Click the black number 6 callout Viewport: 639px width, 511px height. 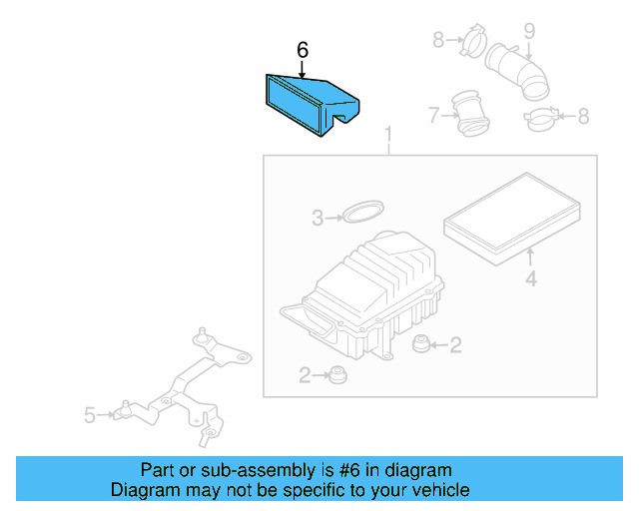point(303,50)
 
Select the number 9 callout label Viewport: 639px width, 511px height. point(529,31)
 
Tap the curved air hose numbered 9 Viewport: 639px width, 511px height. point(517,73)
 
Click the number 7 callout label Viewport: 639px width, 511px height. point(434,115)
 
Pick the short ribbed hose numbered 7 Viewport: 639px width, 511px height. point(470,114)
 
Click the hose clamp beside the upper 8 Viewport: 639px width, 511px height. point(473,40)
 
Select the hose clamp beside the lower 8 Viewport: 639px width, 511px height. point(541,119)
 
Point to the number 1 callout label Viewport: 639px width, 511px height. point(388,135)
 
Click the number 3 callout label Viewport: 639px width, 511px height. point(318,218)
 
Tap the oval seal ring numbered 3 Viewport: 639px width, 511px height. point(363,212)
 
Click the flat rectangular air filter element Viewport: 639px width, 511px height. point(512,219)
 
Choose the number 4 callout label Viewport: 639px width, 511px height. point(530,279)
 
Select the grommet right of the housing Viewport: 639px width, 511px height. point(420,344)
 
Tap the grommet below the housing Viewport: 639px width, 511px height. point(337,374)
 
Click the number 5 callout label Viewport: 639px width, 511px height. point(90,415)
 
